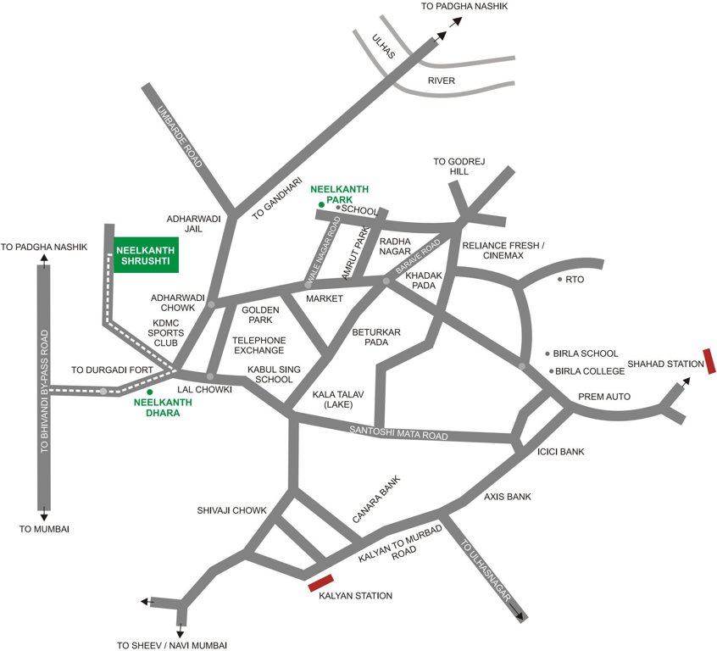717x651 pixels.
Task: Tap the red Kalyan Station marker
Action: [x=320, y=582]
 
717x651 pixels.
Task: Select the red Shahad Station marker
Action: [x=709, y=360]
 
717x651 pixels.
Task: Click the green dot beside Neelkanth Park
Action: [x=321, y=204]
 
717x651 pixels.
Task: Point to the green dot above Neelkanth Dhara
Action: [x=150, y=392]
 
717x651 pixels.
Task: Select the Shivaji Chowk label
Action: [x=232, y=510]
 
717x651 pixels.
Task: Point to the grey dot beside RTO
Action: [x=559, y=279]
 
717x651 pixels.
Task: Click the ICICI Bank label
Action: [x=561, y=452]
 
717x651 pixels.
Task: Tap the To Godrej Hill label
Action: [x=451, y=166]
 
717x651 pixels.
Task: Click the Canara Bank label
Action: [x=375, y=500]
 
